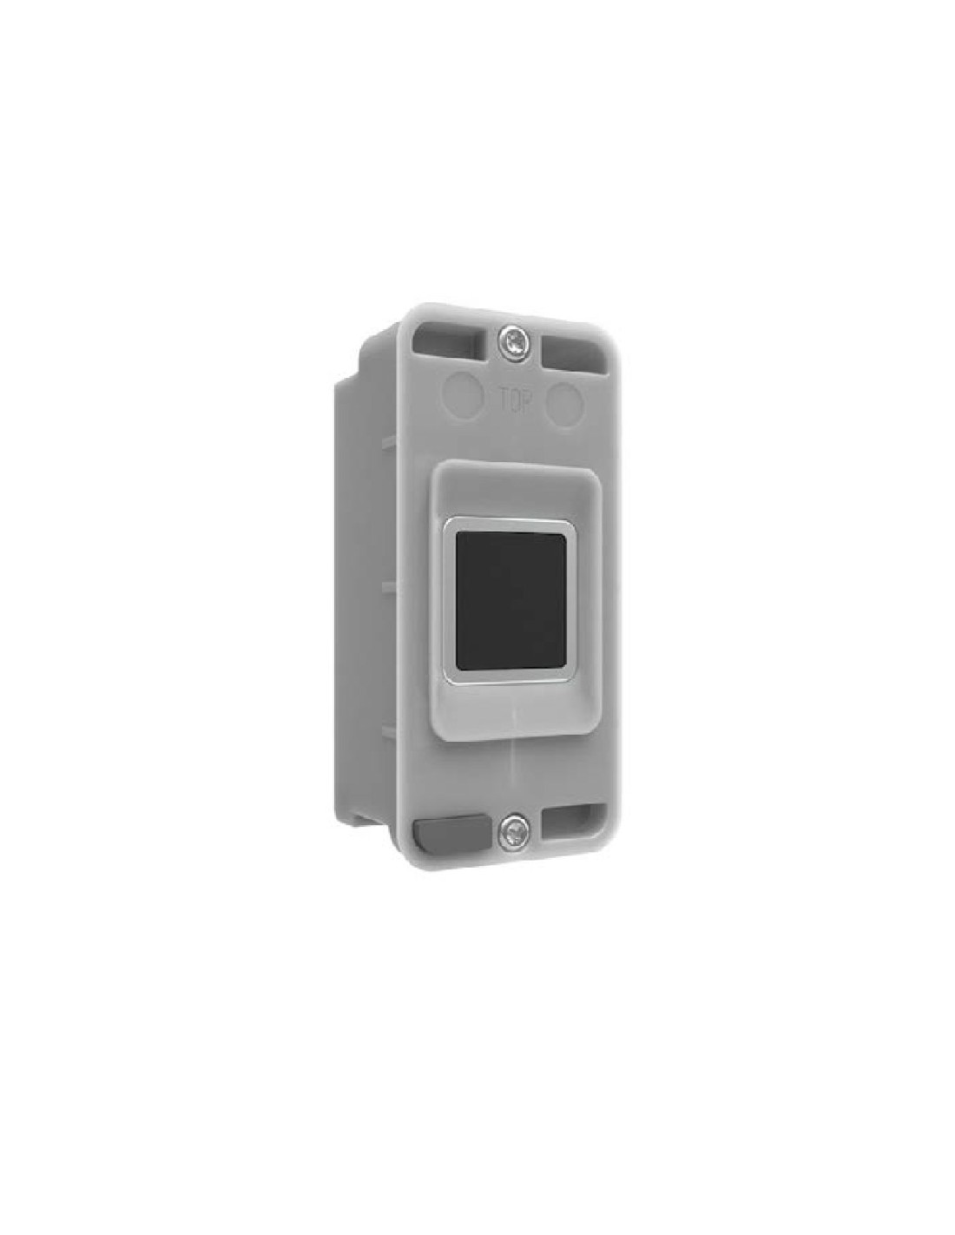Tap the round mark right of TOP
(x=563, y=399)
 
